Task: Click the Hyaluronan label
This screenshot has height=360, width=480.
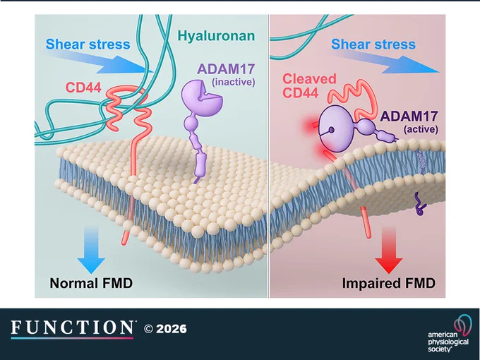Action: [216, 36]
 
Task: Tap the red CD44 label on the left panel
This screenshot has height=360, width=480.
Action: [83, 88]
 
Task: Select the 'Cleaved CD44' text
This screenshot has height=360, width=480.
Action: [309, 85]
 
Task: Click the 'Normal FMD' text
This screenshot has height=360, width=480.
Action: [91, 283]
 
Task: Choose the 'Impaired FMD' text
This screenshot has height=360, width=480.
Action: [388, 283]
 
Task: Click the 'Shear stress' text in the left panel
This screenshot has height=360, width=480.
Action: [88, 44]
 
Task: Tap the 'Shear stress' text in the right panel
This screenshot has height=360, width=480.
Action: [373, 44]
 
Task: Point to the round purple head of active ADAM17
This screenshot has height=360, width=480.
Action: [336, 128]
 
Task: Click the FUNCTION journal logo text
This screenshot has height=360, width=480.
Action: [72, 328]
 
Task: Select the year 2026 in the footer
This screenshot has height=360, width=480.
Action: [171, 329]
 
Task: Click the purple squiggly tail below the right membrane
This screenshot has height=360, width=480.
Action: [420, 204]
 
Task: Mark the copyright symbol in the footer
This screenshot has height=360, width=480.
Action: [148, 329]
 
